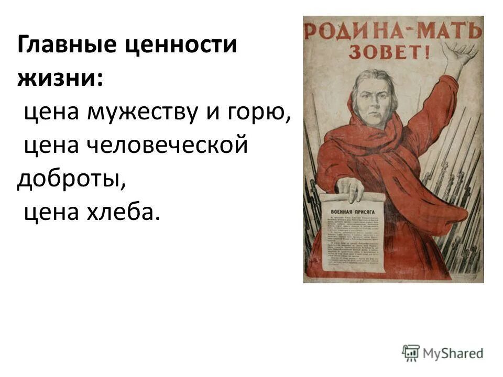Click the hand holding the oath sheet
(x=350, y=189)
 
